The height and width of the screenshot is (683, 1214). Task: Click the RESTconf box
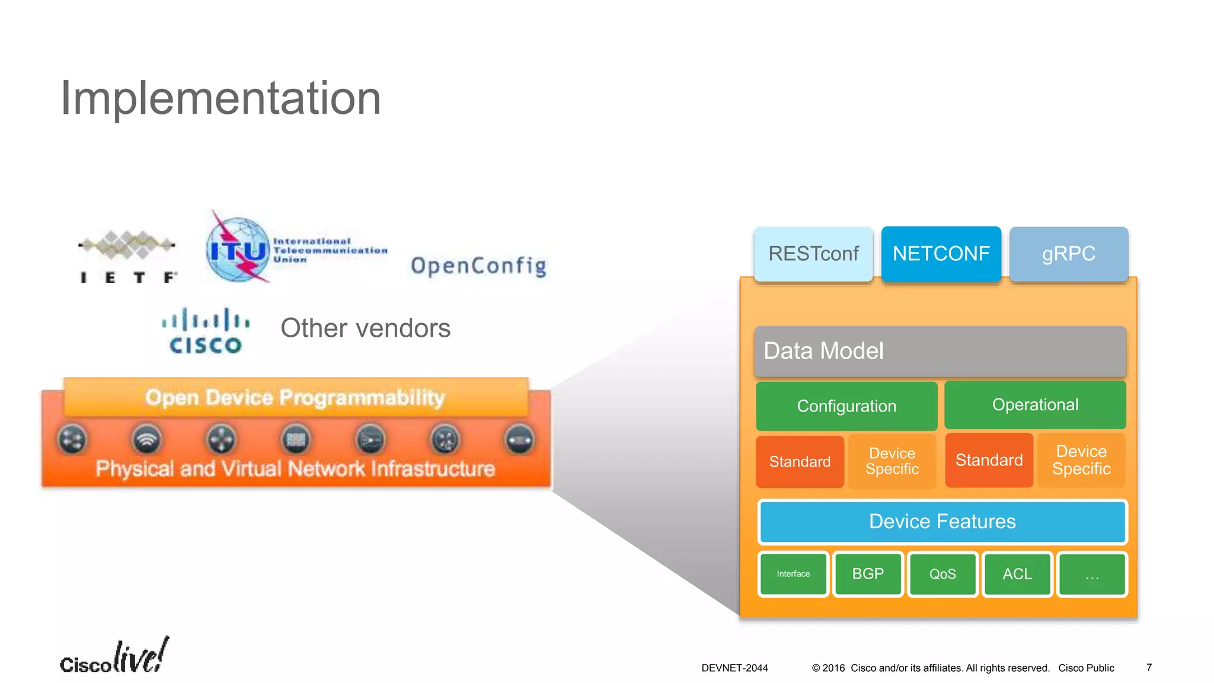pos(813,254)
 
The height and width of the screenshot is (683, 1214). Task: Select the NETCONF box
pos(941,254)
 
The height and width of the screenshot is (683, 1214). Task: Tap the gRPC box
pos(1068,254)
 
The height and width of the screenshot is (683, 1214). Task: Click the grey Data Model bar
pos(940,351)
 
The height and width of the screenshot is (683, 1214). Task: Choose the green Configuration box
pos(846,406)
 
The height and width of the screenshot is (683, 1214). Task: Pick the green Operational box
pos(1035,405)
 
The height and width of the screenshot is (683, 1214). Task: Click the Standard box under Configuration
pos(800,462)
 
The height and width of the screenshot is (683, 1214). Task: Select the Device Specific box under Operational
pos(1081,460)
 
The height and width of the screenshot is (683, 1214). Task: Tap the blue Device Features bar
pos(942,522)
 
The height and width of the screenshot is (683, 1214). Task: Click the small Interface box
pos(793,574)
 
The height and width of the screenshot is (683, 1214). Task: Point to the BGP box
pos(868,574)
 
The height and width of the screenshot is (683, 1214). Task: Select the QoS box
pos(943,574)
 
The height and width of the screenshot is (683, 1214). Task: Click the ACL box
pos(1017,574)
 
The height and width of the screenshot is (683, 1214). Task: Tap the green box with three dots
pos(1092,574)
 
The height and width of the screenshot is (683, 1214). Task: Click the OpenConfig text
pos(478,266)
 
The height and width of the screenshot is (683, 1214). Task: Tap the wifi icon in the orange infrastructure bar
pos(146,440)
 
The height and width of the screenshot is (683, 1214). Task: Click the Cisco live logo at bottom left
pos(114,656)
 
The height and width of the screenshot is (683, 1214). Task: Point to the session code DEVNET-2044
pos(734,668)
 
